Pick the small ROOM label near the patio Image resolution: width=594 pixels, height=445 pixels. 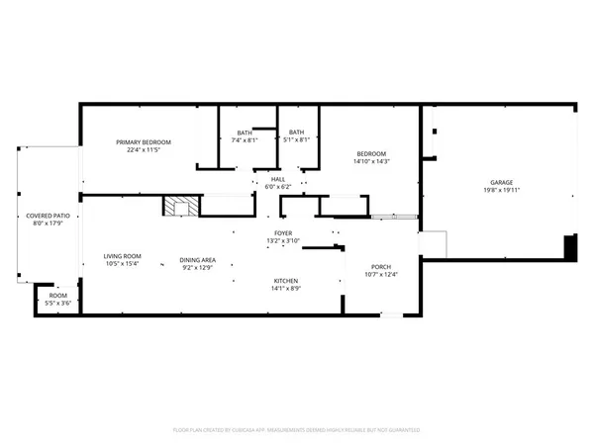pos(58,296)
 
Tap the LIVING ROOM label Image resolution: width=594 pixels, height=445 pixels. pos(123,256)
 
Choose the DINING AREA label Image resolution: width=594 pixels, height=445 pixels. pos(197,260)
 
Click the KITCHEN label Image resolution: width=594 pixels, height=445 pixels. pos(287,282)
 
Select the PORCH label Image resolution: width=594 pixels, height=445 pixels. pos(381,266)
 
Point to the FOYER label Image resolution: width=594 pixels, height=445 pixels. pos(283,233)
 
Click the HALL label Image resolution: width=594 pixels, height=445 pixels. pos(277,179)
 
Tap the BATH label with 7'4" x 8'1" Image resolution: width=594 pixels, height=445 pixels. pos(244,132)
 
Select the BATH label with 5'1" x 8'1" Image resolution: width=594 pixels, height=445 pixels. pos(296,132)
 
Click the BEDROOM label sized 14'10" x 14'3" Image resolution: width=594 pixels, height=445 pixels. pos(370,153)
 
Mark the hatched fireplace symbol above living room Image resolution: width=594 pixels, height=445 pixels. pos(177,207)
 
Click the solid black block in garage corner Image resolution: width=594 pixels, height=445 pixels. pos(570,247)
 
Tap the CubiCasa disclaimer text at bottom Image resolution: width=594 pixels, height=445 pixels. pos(297,431)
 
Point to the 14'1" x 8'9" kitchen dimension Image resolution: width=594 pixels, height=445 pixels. pos(287,290)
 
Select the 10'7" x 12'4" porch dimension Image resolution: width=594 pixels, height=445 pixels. pos(381,274)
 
